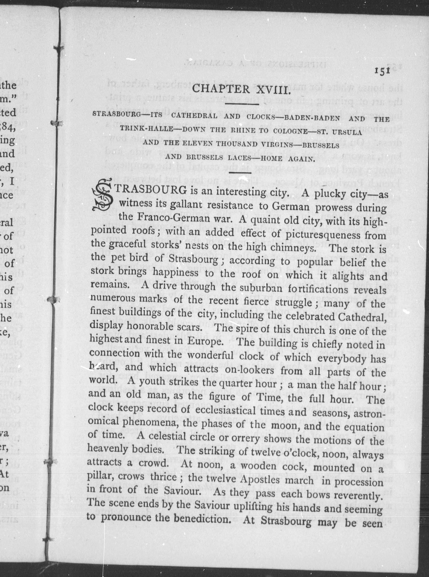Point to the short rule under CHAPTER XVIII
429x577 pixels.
(242, 104)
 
